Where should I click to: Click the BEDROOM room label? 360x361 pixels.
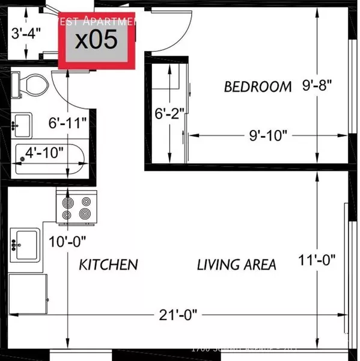pyautogui.click(x=258, y=87)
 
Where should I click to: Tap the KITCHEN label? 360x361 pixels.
pyautogui.click(x=109, y=264)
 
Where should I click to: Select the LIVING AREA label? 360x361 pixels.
pyautogui.click(x=237, y=264)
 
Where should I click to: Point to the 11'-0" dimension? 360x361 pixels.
pyautogui.click(x=317, y=261)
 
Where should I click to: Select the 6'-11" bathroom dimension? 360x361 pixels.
pyautogui.click(x=68, y=123)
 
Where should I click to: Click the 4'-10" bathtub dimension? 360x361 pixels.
pyautogui.click(x=45, y=153)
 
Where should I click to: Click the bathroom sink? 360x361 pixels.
pyautogui.click(x=22, y=124)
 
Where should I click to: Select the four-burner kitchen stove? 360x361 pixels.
pyautogui.click(x=76, y=206)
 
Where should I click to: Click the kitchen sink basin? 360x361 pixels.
pyautogui.click(x=27, y=244)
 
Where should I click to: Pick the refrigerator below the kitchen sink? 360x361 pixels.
pyautogui.click(x=28, y=293)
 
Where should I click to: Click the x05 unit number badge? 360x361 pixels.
pyautogui.click(x=96, y=40)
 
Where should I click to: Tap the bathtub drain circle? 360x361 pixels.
pyautogui.click(x=22, y=158)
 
